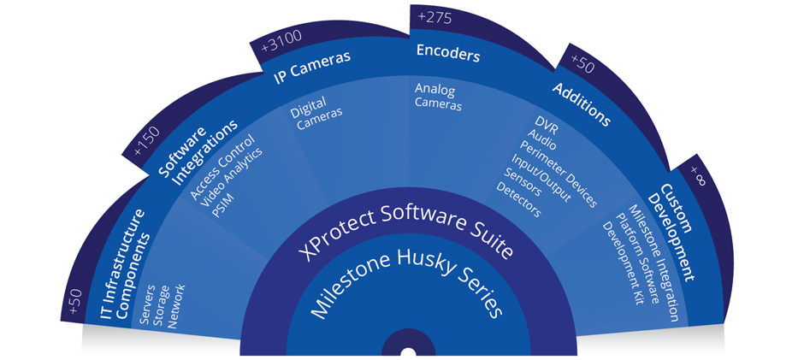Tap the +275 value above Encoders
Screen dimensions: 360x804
coord(435,17)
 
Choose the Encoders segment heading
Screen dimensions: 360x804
coord(447,53)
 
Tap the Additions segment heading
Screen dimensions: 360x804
coord(582,103)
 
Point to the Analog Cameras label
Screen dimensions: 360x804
coord(439,96)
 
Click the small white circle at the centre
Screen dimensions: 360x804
coord(409,352)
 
